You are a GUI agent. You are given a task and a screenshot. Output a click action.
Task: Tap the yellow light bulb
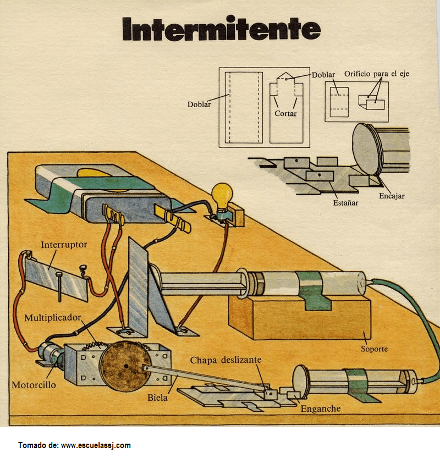[222, 196]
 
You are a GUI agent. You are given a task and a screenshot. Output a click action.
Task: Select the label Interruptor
[64, 245]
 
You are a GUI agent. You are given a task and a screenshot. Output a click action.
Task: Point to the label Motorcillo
[34, 385]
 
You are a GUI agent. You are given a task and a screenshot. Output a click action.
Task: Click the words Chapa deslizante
[226, 360]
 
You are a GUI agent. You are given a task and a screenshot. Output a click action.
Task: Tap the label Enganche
[321, 408]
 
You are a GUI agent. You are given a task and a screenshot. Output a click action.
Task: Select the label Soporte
[374, 349]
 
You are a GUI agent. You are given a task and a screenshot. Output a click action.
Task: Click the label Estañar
[345, 202]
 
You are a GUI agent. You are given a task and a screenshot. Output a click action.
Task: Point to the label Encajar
[392, 196]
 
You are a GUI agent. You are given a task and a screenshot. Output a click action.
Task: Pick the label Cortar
[285, 113]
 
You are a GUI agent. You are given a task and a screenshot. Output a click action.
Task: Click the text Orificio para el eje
[377, 74]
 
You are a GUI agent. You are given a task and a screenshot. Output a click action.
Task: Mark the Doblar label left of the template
[199, 104]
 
